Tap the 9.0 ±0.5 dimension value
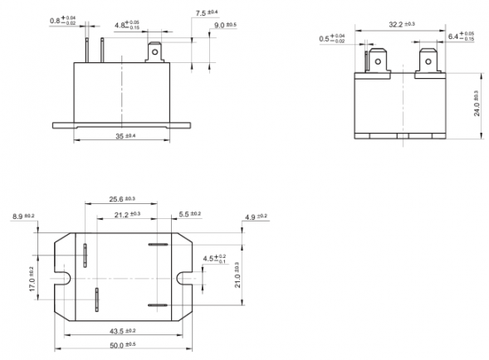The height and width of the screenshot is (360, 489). pyautogui.click(x=225, y=25)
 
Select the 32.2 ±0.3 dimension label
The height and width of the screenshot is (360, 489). pyautogui.click(x=403, y=26)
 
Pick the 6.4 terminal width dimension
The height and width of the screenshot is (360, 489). pyautogui.click(x=461, y=37)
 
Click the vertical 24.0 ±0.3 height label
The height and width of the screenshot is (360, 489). pyautogui.click(x=477, y=105)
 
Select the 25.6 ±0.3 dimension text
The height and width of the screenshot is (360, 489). pyautogui.click(x=122, y=199)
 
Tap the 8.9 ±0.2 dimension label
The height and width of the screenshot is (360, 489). pyautogui.click(x=23, y=216)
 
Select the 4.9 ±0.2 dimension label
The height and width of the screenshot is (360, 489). pyautogui.click(x=257, y=216)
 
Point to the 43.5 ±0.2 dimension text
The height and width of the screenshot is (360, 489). pyautogui.click(x=121, y=332)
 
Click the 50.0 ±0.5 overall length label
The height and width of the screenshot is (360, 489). pyautogui.click(x=121, y=345)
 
